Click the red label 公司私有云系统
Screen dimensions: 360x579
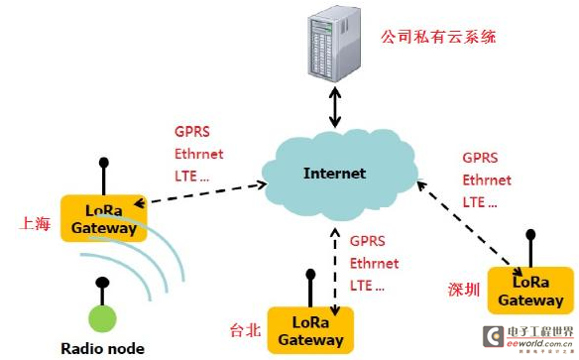pyautogui.click(x=438, y=38)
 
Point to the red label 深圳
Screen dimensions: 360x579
pyautogui.click(x=463, y=290)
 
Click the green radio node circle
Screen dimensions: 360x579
pyautogui.click(x=102, y=319)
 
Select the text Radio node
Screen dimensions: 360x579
pyautogui.click(x=102, y=348)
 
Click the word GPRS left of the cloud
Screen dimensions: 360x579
pyautogui.click(x=192, y=131)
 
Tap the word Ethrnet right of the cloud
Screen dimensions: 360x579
pyautogui.click(x=487, y=180)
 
